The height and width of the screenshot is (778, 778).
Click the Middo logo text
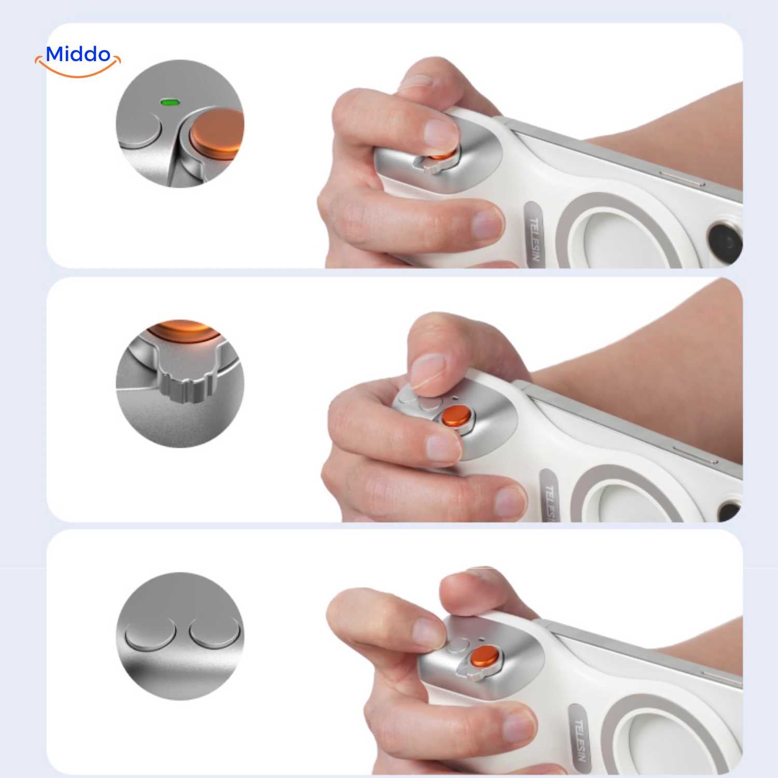(x=78, y=54)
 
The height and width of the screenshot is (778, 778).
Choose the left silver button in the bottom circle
(x=150, y=634)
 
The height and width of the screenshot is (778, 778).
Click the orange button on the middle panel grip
(x=456, y=416)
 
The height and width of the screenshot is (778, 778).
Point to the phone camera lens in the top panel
(x=726, y=242)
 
